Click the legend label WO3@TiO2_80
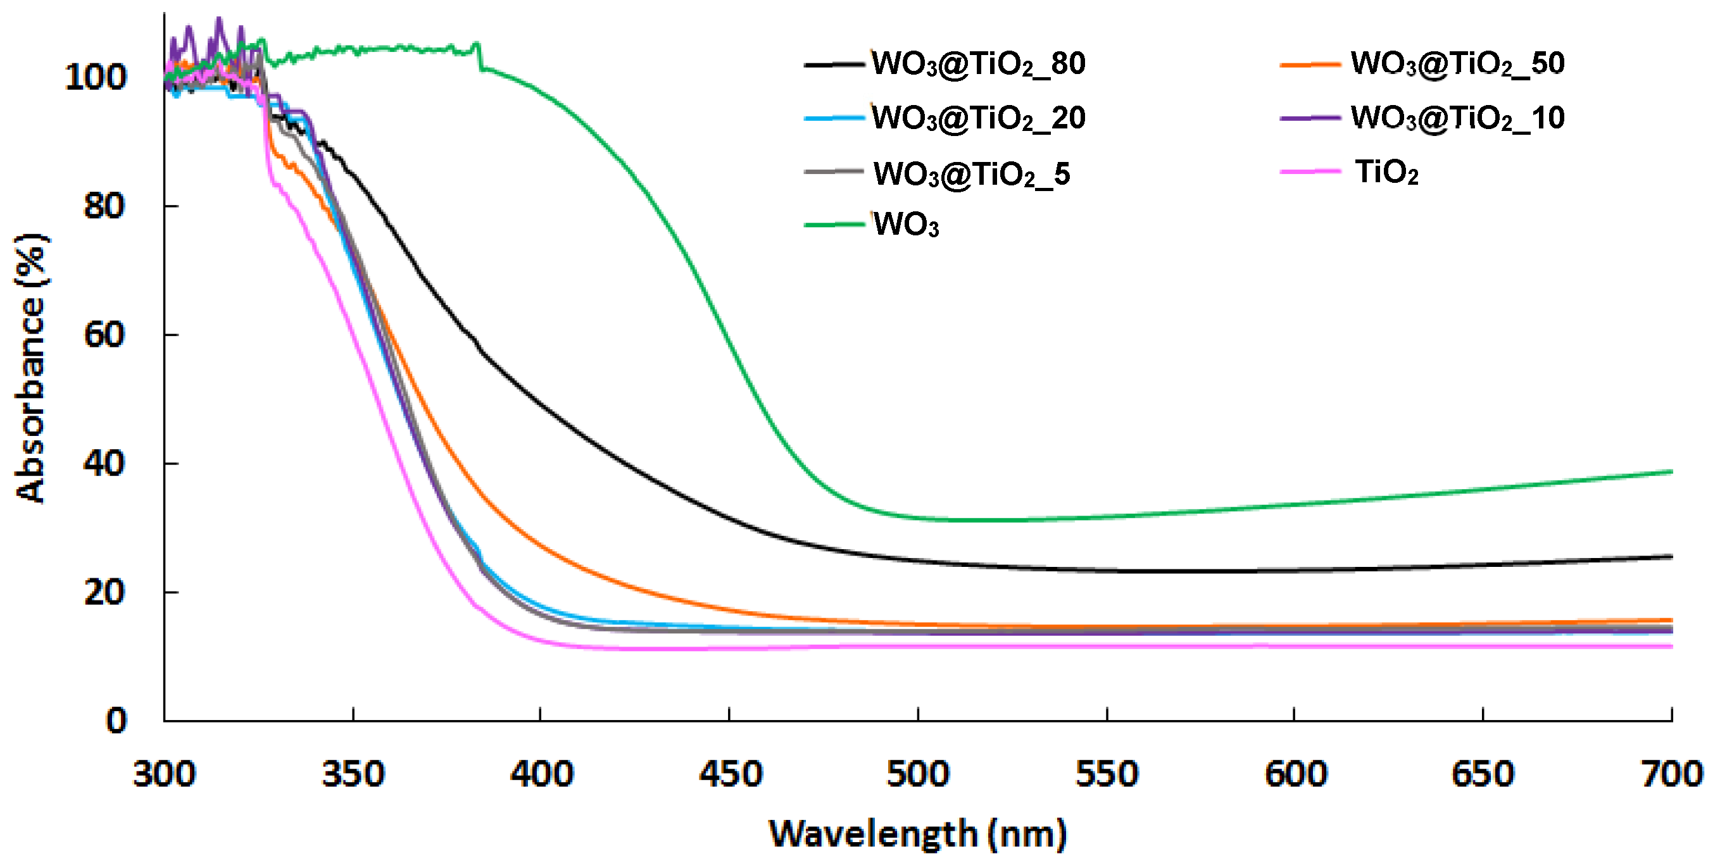tap(978, 64)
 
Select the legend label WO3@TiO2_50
tap(1457, 64)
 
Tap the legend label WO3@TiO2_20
tap(978, 118)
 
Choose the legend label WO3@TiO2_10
tap(1457, 118)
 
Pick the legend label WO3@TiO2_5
tap(971, 174)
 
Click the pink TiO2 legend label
tap(1386, 172)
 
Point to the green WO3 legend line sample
tap(834, 224)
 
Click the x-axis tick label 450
tap(730, 774)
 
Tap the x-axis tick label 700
tap(1671, 774)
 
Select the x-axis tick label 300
tap(164, 774)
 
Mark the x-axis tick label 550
tap(1107, 774)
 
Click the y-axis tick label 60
tap(103, 335)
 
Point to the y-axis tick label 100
tap(95, 77)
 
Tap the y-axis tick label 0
tap(115, 721)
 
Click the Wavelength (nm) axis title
tap(917, 834)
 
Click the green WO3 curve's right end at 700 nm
tap(1670, 472)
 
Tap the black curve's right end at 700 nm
tap(1670, 556)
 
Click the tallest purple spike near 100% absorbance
tap(218, 20)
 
